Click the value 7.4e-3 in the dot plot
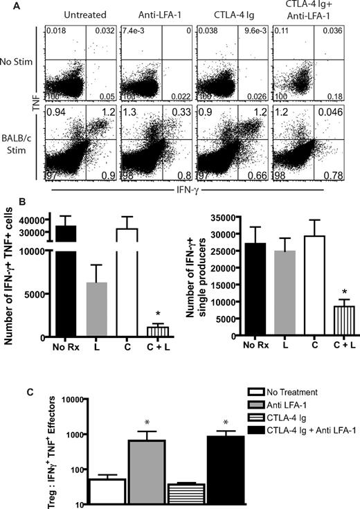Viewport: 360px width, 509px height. tap(130, 33)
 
